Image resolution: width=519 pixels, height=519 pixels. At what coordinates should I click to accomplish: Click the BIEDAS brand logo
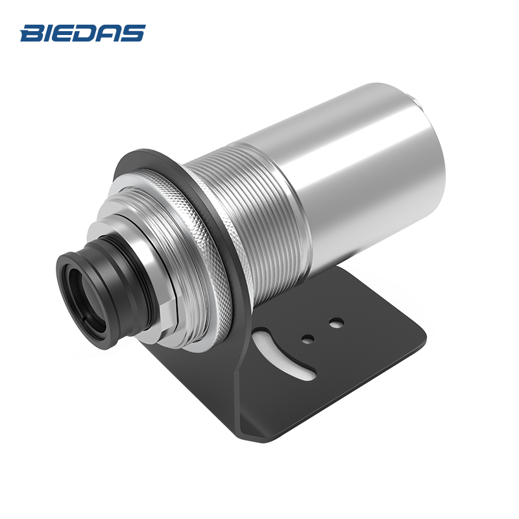click(83, 33)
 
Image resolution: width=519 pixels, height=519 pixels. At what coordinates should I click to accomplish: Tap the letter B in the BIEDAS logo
click(32, 33)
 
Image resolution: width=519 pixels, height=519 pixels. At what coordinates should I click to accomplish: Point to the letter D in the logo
click(88, 33)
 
